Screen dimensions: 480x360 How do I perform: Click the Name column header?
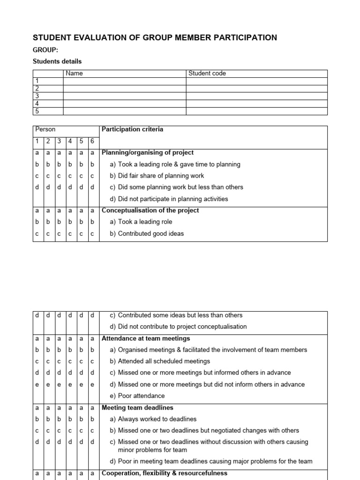click(x=75, y=73)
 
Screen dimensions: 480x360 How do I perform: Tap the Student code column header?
click(x=207, y=73)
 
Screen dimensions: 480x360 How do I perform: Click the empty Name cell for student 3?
click(x=124, y=96)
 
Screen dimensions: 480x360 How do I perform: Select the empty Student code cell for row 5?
click(x=256, y=111)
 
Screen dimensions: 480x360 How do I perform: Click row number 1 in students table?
click(x=37, y=81)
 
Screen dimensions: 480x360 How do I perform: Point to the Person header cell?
click(x=45, y=129)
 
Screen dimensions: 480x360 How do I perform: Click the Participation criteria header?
click(x=132, y=129)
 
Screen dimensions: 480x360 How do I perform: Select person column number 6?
click(x=93, y=141)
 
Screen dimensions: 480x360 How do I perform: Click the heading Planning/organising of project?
click(x=148, y=153)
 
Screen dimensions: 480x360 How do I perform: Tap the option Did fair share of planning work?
click(x=157, y=176)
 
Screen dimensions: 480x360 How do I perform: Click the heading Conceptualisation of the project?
click(x=150, y=210)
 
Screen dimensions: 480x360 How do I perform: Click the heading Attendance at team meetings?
click(x=146, y=338)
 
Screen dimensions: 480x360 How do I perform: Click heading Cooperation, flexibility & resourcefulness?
click(x=165, y=473)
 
